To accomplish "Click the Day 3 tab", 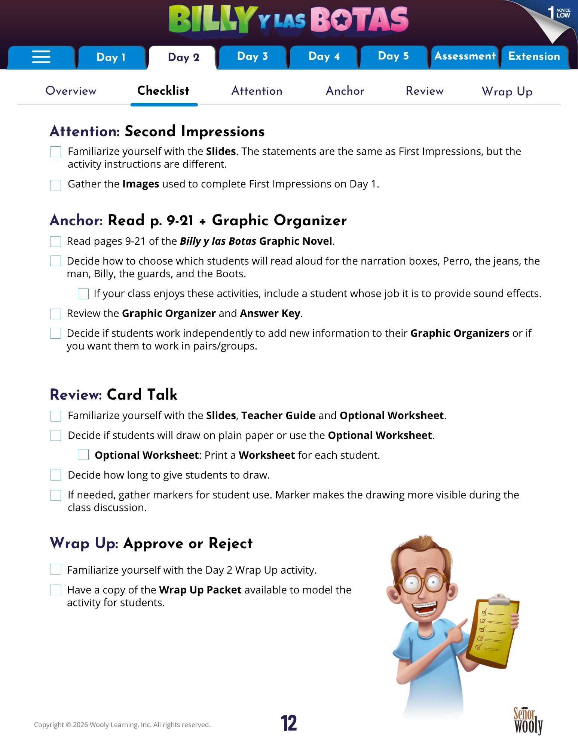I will pyautogui.click(x=253, y=57).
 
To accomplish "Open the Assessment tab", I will pyautogui.click(x=465, y=57).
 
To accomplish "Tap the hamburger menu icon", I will pyautogui.click(x=41, y=57).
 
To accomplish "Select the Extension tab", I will pyautogui.click(x=534, y=57).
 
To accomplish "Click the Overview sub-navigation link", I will pyautogui.click(x=71, y=91).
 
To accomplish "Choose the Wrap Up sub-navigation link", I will pyautogui.click(x=507, y=91).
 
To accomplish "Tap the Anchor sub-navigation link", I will pyautogui.click(x=345, y=91).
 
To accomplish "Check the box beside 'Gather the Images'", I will pyautogui.click(x=56, y=185).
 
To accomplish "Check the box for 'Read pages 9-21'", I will pyautogui.click(x=56, y=242).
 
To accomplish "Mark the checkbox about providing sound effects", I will pyautogui.click(x=83, y=294).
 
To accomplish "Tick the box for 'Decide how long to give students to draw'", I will pyautogui.click(x=56, y=475).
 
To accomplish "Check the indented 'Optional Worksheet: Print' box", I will pyautogui.click(x=83, y=455).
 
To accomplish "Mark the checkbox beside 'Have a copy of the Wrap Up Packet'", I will pyautogui.click(x=56, y=590).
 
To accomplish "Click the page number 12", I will pyautogui.click(x=289, y=723).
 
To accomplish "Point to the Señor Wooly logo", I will pyautogui.click(x=528, y=721).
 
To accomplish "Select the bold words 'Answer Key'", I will pyautogui.click(x=270, y=314).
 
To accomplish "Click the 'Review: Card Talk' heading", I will pyautogui.click(x=114, y=395).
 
